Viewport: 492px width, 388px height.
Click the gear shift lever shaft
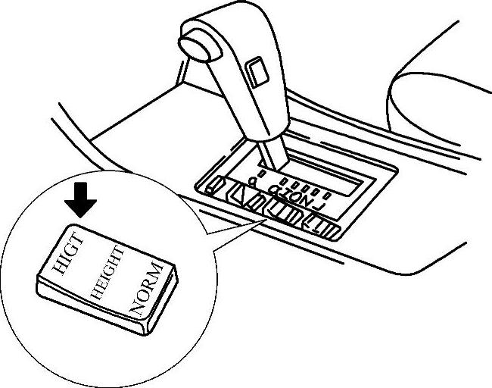tap(272, 151)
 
